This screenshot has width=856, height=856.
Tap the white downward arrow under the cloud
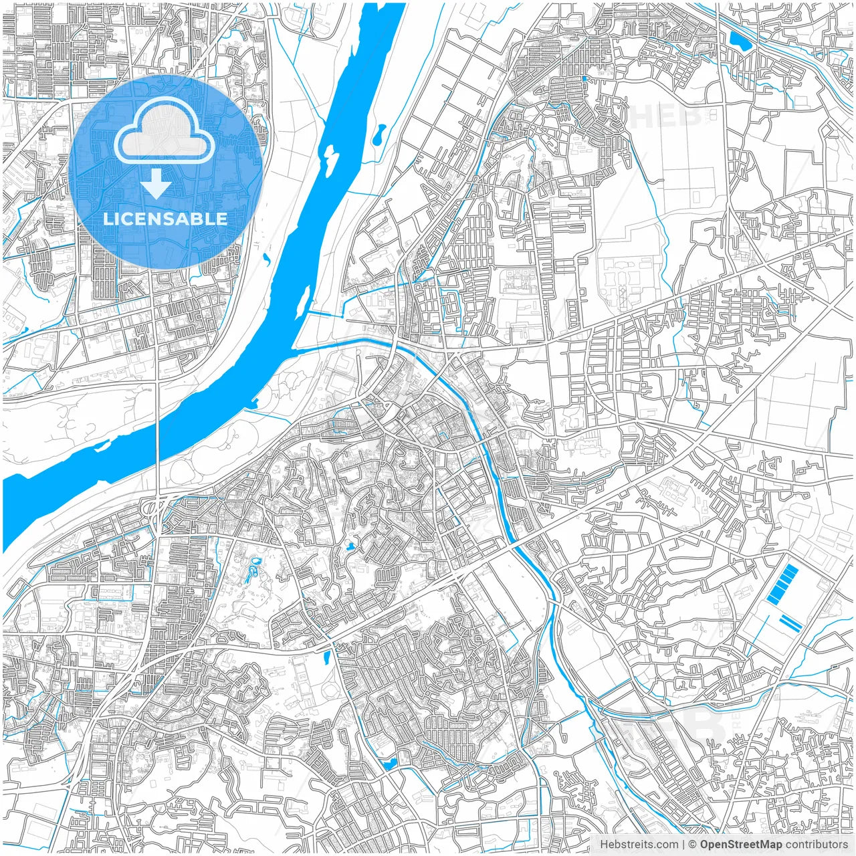tap(156, 185)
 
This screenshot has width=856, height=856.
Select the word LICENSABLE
tap(165, 219)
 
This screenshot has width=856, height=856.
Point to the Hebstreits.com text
tap(639, 844)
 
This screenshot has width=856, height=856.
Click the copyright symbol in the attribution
tap(693, 844)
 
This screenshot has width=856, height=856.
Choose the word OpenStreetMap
tap(741, 844)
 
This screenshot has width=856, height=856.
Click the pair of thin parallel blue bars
tap(791, 623)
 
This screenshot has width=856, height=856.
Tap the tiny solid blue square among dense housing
tap(584, 79)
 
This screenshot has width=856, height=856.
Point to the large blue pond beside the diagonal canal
tap(740, 41)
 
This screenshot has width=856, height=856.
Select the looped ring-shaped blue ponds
tap(253, 570)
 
